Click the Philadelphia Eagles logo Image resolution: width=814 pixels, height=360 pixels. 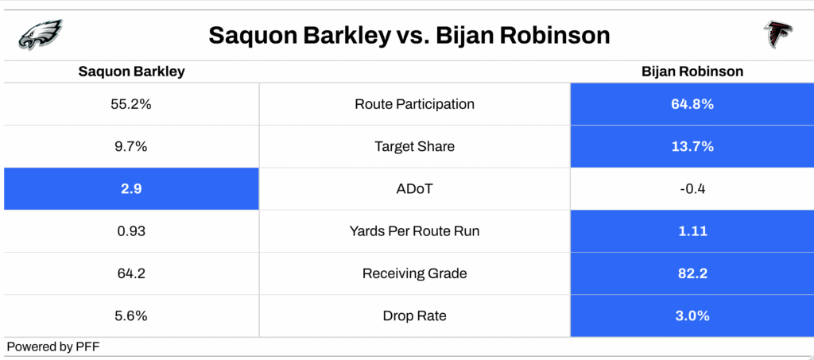coord(40,34)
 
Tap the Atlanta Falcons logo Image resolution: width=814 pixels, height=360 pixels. coord(777,35)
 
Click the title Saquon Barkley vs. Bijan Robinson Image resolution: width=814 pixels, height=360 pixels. coord(409,36)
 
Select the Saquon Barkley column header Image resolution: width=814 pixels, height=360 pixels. coord(131,72)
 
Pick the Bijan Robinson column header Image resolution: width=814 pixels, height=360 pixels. coord(692,72)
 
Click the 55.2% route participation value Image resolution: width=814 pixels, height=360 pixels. coord(131,104)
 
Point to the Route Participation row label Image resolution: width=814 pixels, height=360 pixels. coord(414,104)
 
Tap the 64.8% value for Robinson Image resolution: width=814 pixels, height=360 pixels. coord(692,104)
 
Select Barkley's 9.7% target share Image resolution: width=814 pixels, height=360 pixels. coord(131,147)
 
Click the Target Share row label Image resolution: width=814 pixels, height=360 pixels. coord(414,147)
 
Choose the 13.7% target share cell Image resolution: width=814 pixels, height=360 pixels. coord(692,147)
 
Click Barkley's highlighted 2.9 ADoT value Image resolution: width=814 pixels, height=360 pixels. coord(131,189)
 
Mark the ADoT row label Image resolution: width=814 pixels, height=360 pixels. coord(414,189)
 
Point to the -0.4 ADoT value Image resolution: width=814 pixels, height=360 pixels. coord(692,189)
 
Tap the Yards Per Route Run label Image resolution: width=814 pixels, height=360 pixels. coord(414,231)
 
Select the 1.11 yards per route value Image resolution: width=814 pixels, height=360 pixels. coord(692,231)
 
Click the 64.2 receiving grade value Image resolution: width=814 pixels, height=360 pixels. coord(131,273)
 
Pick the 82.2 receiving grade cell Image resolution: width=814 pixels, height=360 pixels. coord(692,273)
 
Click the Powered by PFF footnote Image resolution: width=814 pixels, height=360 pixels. coord(53,347)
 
